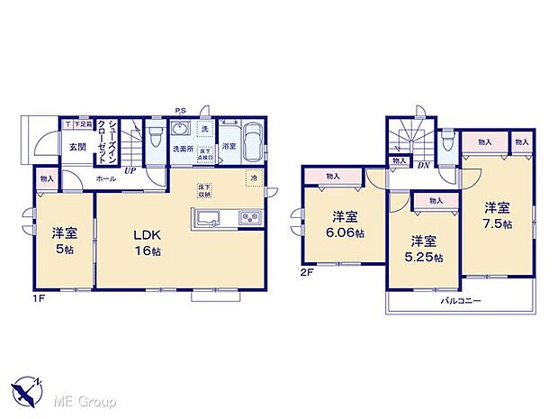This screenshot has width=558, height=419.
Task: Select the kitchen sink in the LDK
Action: tap(205, 218)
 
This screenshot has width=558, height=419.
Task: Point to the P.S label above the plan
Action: tap(181, 112)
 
